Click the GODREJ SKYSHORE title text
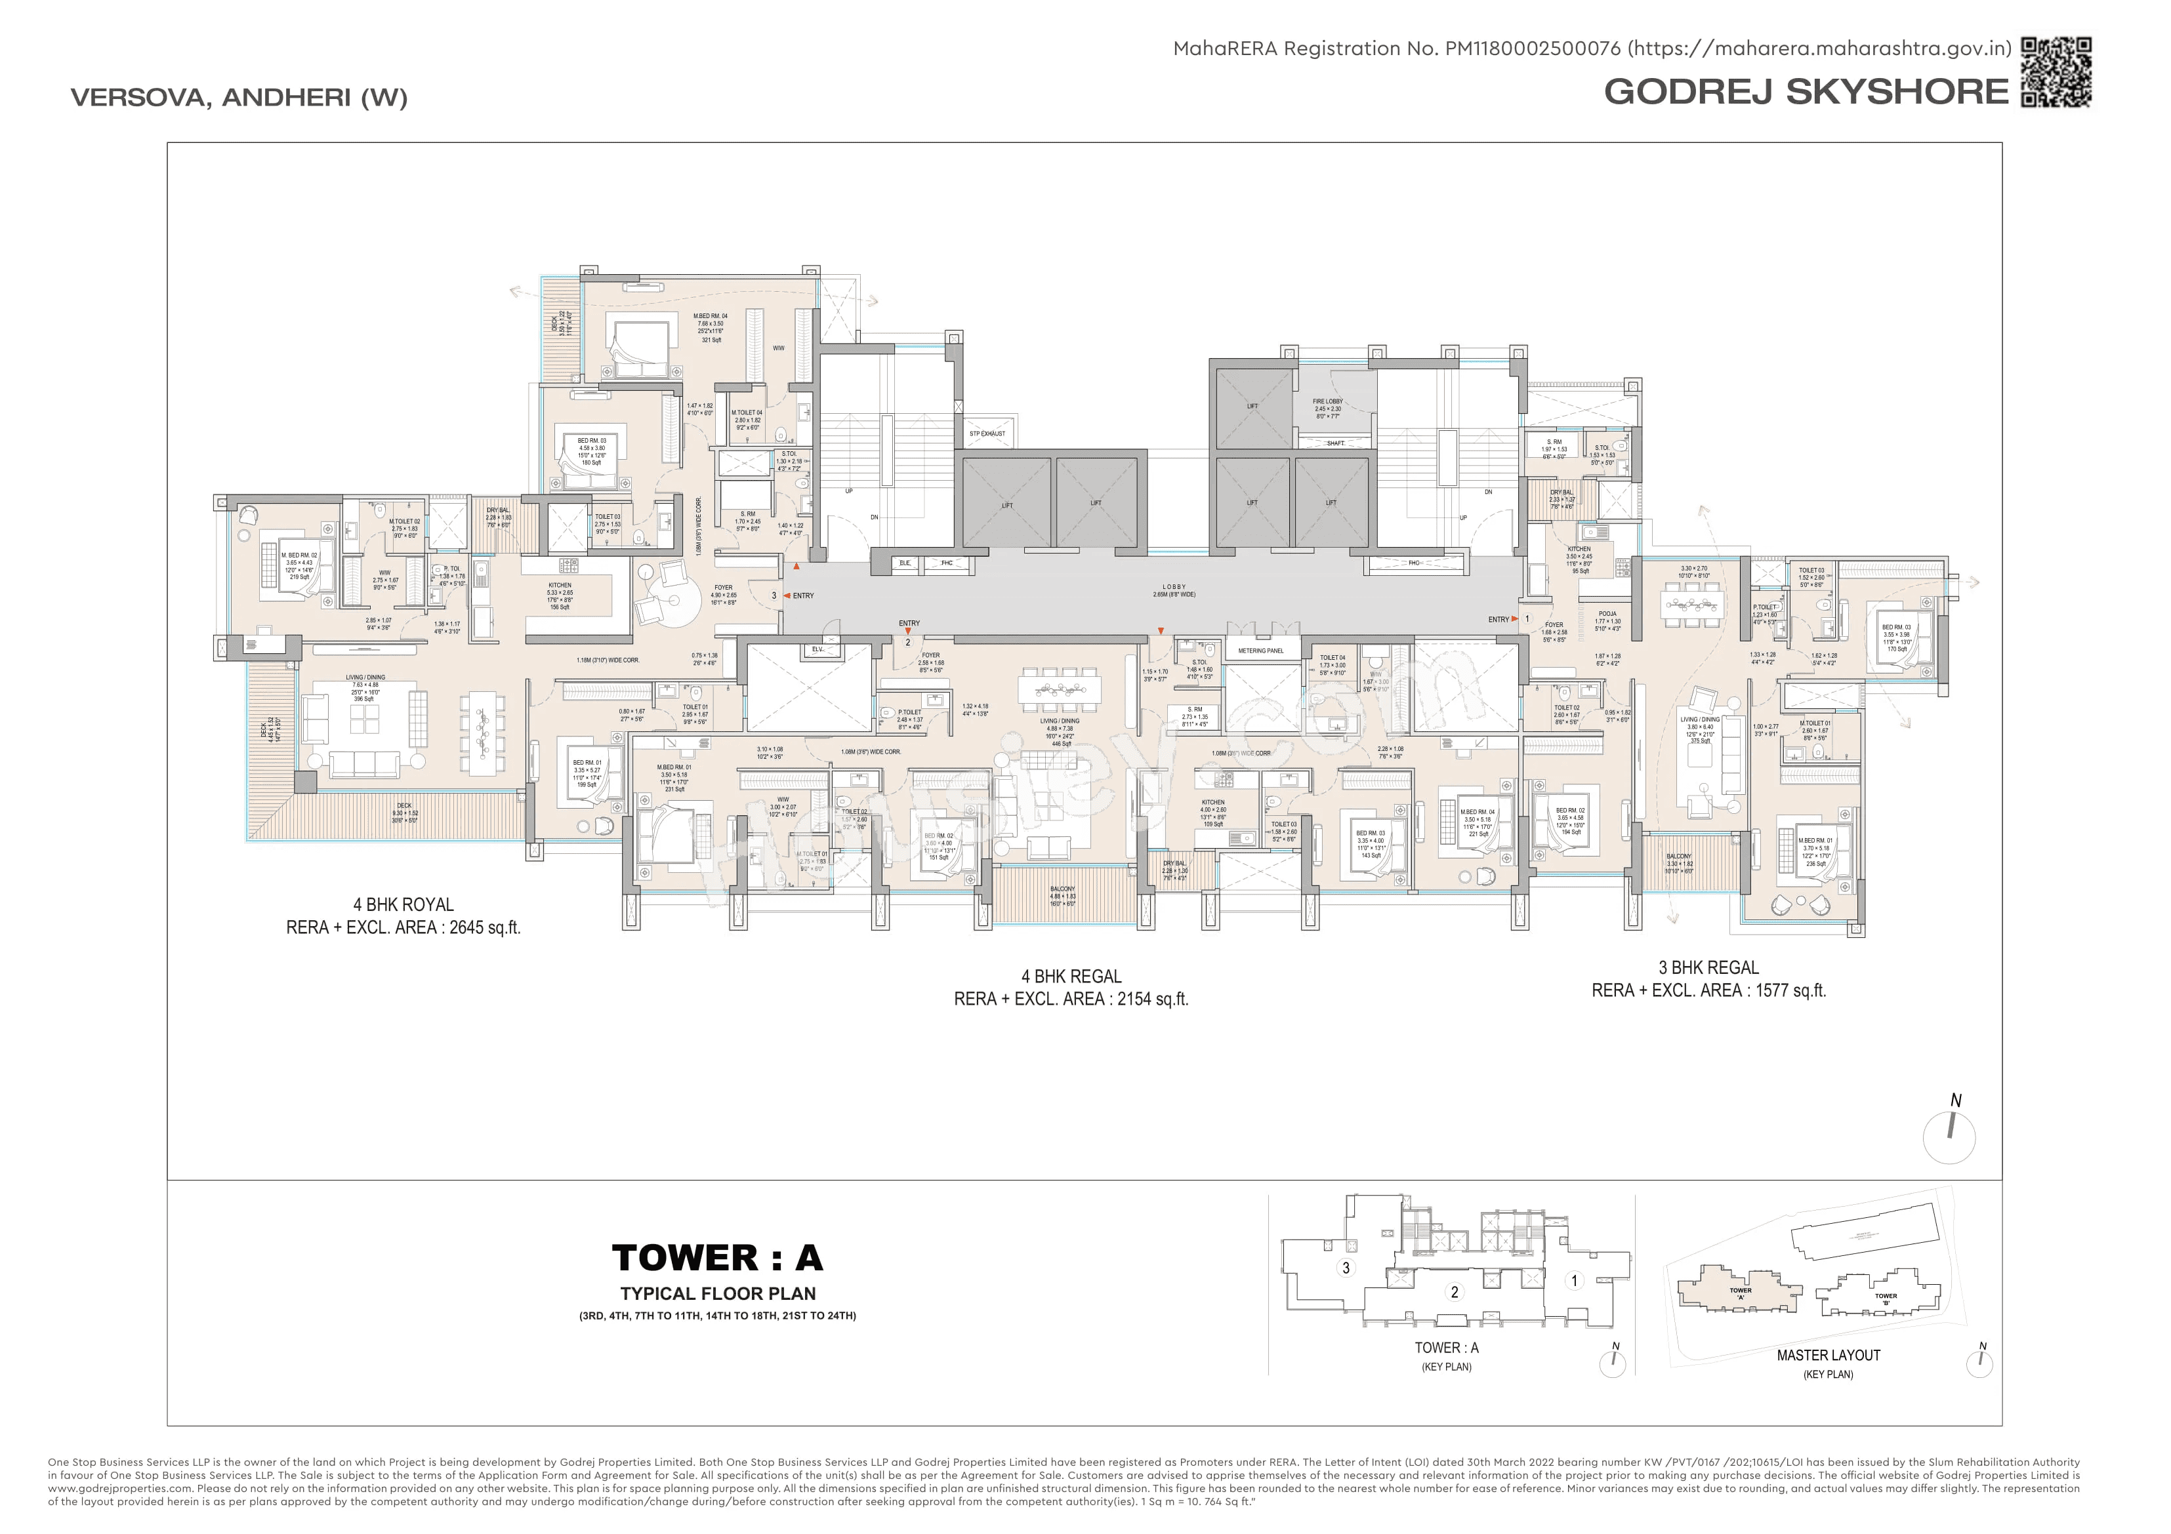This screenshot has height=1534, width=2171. pyautogui.click(x=1806, y=92)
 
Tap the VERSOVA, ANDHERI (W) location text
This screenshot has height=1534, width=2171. pyautogui.click(x=239, y=97)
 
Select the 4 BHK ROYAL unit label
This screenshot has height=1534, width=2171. pyautogui.click(x=403, y=904)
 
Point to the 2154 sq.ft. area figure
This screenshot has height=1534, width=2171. pyautogui.click(x=1153, y=999)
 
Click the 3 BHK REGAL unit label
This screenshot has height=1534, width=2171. pyautogui.click(x=1708, y=968)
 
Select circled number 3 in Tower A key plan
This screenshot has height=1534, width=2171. pyautogui.click(x=1346, y=1268)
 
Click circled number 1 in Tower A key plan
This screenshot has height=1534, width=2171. pyautogui.click(x=1573, y=1281)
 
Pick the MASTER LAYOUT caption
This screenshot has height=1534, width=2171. pyautogui.click(x=1828, y=1356)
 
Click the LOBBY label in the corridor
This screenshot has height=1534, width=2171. pyautogui.click(x=1174, y=587)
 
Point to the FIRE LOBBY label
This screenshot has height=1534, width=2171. pyautogui.click(x=1327, y=401)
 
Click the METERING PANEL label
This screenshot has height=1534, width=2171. pyautogui.click(x=1260, y=651)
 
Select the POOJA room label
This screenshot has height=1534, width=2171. pyautogui.click(x=1607, y=613)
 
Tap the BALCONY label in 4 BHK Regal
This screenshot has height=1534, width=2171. pyautogui.click(x=1062, y=889)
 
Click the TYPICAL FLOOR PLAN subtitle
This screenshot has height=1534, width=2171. pyautogui.click(x=718, y=1293)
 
